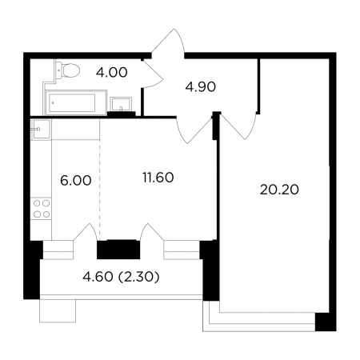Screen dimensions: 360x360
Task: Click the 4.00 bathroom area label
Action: click(112, 73)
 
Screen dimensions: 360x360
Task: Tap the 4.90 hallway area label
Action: click(201, 87)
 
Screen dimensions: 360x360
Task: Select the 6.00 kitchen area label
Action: click(76, 181)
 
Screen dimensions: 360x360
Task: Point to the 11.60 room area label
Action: click(158, 178)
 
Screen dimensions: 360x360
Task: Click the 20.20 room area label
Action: click(279, 190)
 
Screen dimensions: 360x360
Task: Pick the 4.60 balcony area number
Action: click(98, 277)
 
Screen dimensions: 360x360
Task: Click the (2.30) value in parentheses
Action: click(138, 277)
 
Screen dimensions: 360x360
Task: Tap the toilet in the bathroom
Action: click(68, 70)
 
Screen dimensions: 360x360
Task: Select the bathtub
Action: click(76, 102)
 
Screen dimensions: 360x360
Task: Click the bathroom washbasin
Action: click(121, 104)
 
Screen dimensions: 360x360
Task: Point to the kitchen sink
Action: click(41, 129)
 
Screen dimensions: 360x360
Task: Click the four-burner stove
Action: click(42, 209)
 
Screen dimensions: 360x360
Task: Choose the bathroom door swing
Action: click(152, 74)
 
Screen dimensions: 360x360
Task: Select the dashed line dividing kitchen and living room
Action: click(100, 190)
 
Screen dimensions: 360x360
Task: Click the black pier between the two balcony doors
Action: click(118, 250)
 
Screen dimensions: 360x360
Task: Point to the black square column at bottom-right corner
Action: click(326, 322)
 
